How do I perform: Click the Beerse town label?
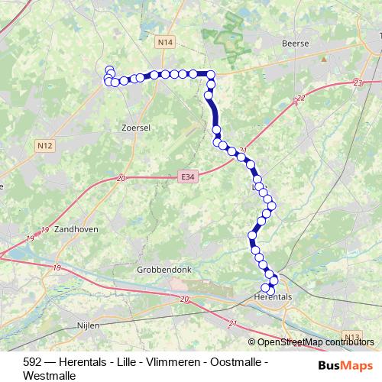295,44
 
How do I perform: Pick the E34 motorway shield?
187,176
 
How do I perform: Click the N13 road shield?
351,336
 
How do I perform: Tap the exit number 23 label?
358,83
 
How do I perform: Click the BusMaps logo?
345,365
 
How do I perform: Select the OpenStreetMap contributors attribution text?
315,342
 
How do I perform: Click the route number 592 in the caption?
33,361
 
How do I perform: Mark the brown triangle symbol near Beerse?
324,57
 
